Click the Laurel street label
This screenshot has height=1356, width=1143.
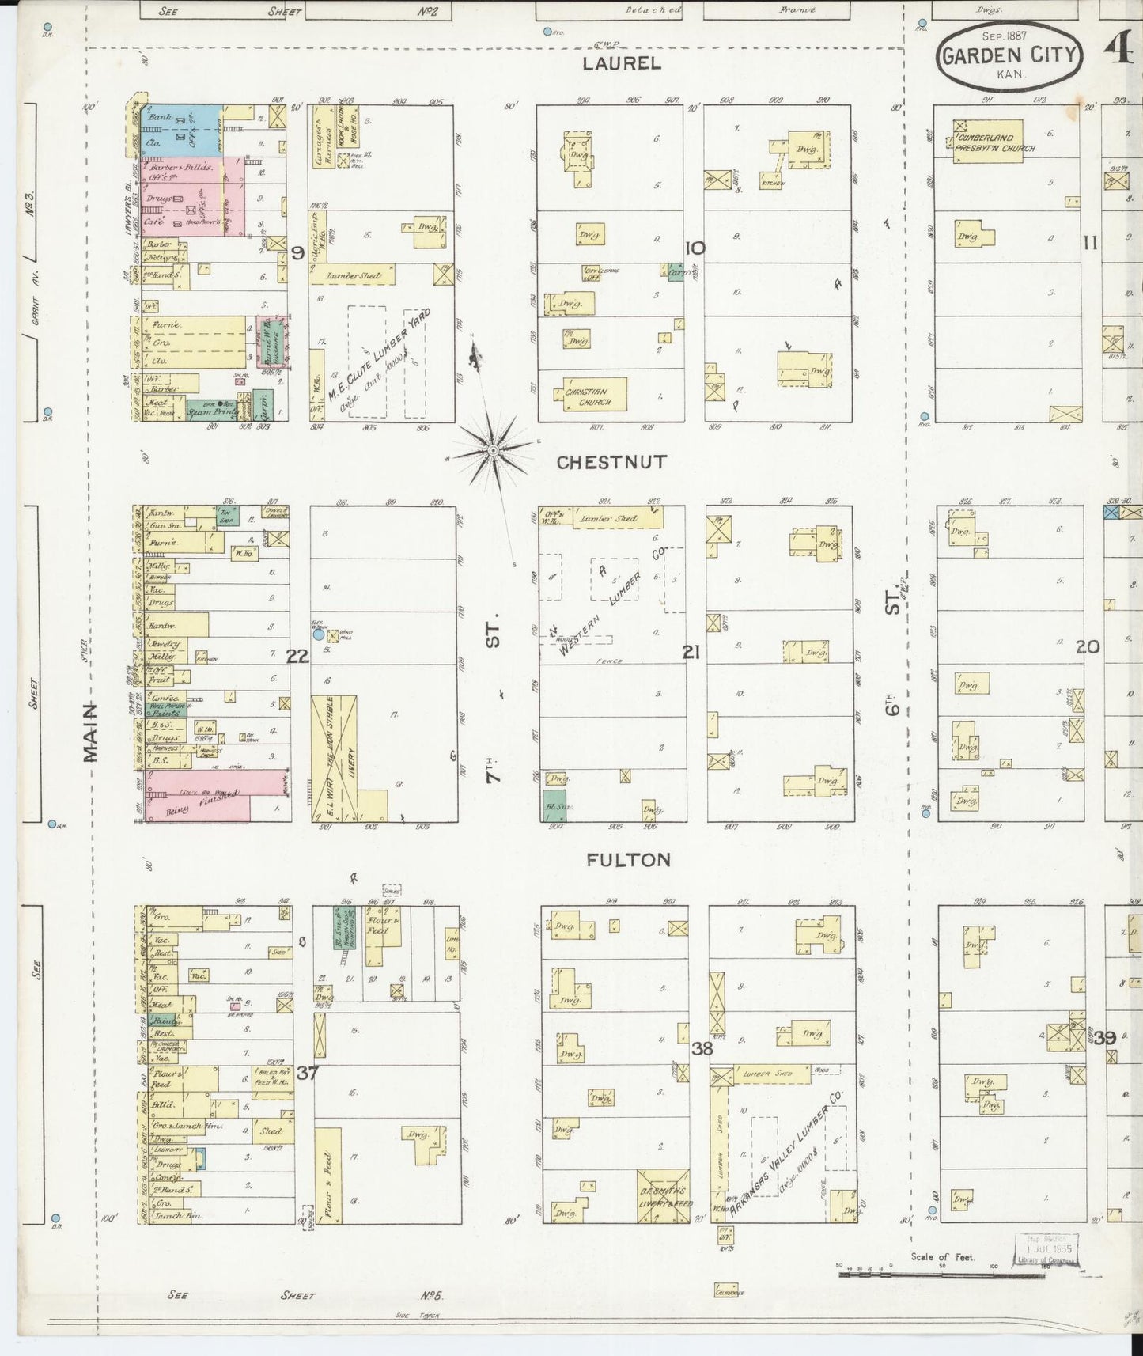pos(621,63)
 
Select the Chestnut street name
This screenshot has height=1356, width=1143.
pos(611,462)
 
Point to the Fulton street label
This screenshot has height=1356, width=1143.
pos(629,860)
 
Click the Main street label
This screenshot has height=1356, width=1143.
pos(92,732)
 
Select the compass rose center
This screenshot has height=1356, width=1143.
pos(493,451)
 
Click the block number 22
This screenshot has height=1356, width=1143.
pos(297,655)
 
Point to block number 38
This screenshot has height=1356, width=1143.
pos(702,1049)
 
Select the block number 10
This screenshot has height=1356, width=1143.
pos(695,249)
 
